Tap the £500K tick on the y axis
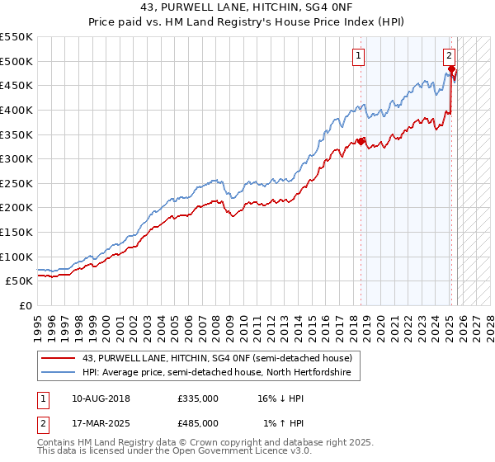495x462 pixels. [x=16, y=61]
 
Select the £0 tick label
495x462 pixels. [x=25, y=305]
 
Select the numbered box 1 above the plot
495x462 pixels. [x=360, y=56]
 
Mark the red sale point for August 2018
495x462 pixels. [x=361, y=141]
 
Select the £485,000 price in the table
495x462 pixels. [x=198, y=422]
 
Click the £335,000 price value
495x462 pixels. [x=198, y=398]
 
